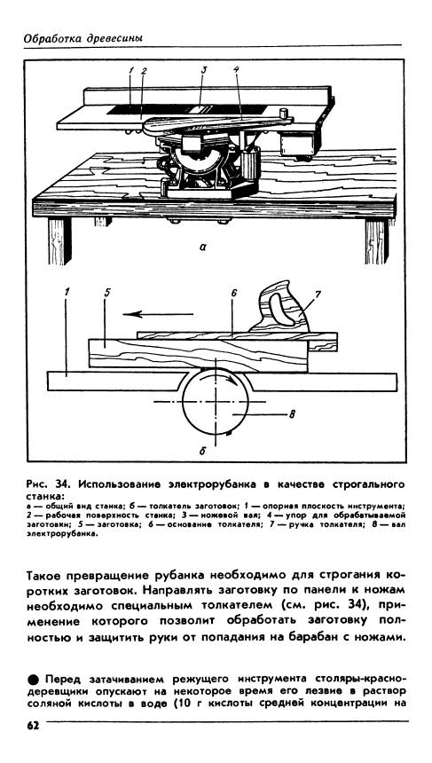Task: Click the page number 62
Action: click(33, 726)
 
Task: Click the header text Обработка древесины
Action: click(83, 38)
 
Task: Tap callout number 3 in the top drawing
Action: click(204, 69)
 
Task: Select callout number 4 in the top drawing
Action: click(237, 69)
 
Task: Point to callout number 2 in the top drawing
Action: click(144, 71)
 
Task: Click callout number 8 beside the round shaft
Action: click(293, 414)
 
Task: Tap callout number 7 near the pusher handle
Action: click(318, 294)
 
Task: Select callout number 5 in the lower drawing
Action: click(107, 293)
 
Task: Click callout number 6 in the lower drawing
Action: click(233, 293)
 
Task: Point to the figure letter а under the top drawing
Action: click(203, 248)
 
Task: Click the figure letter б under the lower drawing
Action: click(203, 451)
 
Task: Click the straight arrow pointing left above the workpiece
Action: click(158, 314)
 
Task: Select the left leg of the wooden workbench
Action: click(59, 240)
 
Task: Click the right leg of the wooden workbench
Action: click(377, 240)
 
